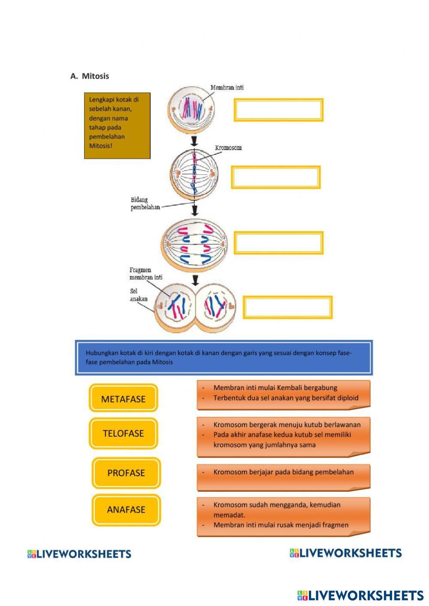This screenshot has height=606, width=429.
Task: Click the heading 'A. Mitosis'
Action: pos(90,76)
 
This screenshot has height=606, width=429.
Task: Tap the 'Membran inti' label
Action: pos(227,87)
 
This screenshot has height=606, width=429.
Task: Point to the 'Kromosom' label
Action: pos(228,148)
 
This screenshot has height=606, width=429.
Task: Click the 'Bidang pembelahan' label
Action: pos(145,204)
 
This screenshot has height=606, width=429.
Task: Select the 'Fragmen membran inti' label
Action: pos(146,273)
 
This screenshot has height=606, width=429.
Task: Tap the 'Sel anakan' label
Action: pos(139,295)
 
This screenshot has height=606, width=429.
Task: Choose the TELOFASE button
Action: pos(124,433)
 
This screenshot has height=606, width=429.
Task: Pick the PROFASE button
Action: pos(126,473)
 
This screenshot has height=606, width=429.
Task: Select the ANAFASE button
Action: pos(126,510)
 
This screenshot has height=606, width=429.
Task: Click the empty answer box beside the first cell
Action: pos(278,110)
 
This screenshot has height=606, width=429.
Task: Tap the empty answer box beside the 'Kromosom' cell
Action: pos(276,177)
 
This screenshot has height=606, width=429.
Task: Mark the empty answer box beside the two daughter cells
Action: pos(288,307)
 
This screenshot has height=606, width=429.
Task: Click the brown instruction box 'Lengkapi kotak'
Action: pos(117,126)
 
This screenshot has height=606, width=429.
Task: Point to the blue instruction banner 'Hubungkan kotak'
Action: pos(224,358)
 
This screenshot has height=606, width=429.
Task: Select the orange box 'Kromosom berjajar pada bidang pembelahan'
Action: pos(284,476)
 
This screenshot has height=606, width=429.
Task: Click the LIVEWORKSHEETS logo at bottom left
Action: pos(79,554)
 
